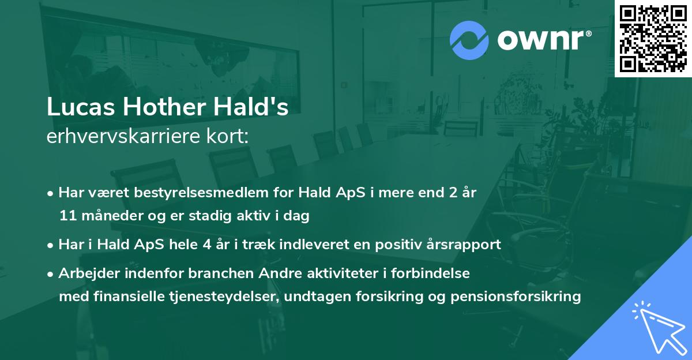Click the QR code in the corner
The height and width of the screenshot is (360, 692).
[653, 38]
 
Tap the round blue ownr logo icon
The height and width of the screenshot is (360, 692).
[469, 40]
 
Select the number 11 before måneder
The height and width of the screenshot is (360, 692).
[66, 216]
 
